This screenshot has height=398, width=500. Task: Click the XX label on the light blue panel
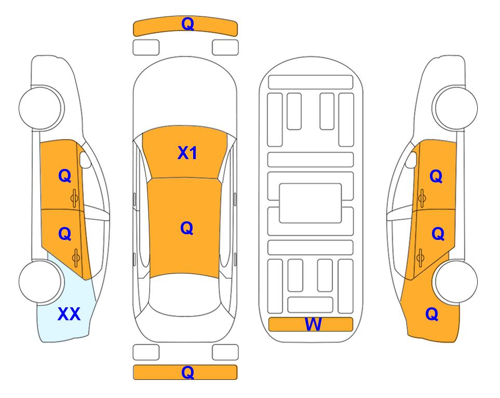pos(69,314)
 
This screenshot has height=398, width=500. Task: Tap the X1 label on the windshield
pos(187,153)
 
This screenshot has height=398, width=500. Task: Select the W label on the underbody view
pos(313,324)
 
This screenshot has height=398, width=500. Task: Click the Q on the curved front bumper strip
pos(187,24)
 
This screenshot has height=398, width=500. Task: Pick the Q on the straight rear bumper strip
pos(187,372)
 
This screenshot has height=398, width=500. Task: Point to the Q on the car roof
pos(186,228)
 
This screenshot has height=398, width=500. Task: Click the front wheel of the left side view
pos(40,108)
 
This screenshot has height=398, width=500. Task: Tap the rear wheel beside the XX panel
pos(40,282)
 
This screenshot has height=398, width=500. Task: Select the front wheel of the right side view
pos(456,108)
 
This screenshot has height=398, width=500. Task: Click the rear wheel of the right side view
pos(456,282)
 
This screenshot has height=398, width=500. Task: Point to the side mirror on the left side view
pos(85,160)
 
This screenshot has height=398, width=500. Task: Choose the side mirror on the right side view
pos(411,160)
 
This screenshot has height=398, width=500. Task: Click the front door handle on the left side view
pos(75,198)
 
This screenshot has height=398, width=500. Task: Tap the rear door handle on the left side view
pos(76,258)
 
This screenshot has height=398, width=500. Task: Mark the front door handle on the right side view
pos(422,198)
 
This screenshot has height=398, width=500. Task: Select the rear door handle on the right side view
pos(421,258)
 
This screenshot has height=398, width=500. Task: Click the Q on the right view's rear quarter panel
pos(432,314)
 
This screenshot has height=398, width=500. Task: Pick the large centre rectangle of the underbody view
pos(310,203)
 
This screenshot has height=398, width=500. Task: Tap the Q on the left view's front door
pos(65,176)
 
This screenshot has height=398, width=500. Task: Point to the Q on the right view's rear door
pos(438,234)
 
